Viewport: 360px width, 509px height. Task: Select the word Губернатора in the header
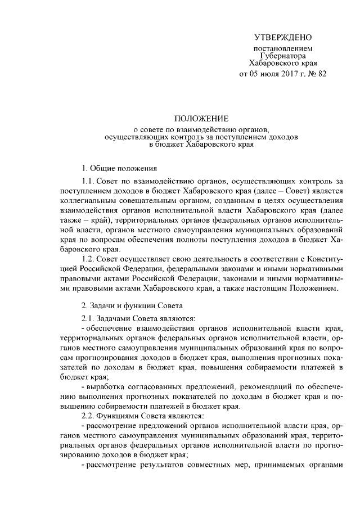[283, 57]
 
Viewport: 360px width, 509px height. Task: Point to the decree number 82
[322, 74]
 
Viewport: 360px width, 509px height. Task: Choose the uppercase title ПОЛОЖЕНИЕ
[201, 119]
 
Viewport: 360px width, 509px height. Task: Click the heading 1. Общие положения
[120, 168]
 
